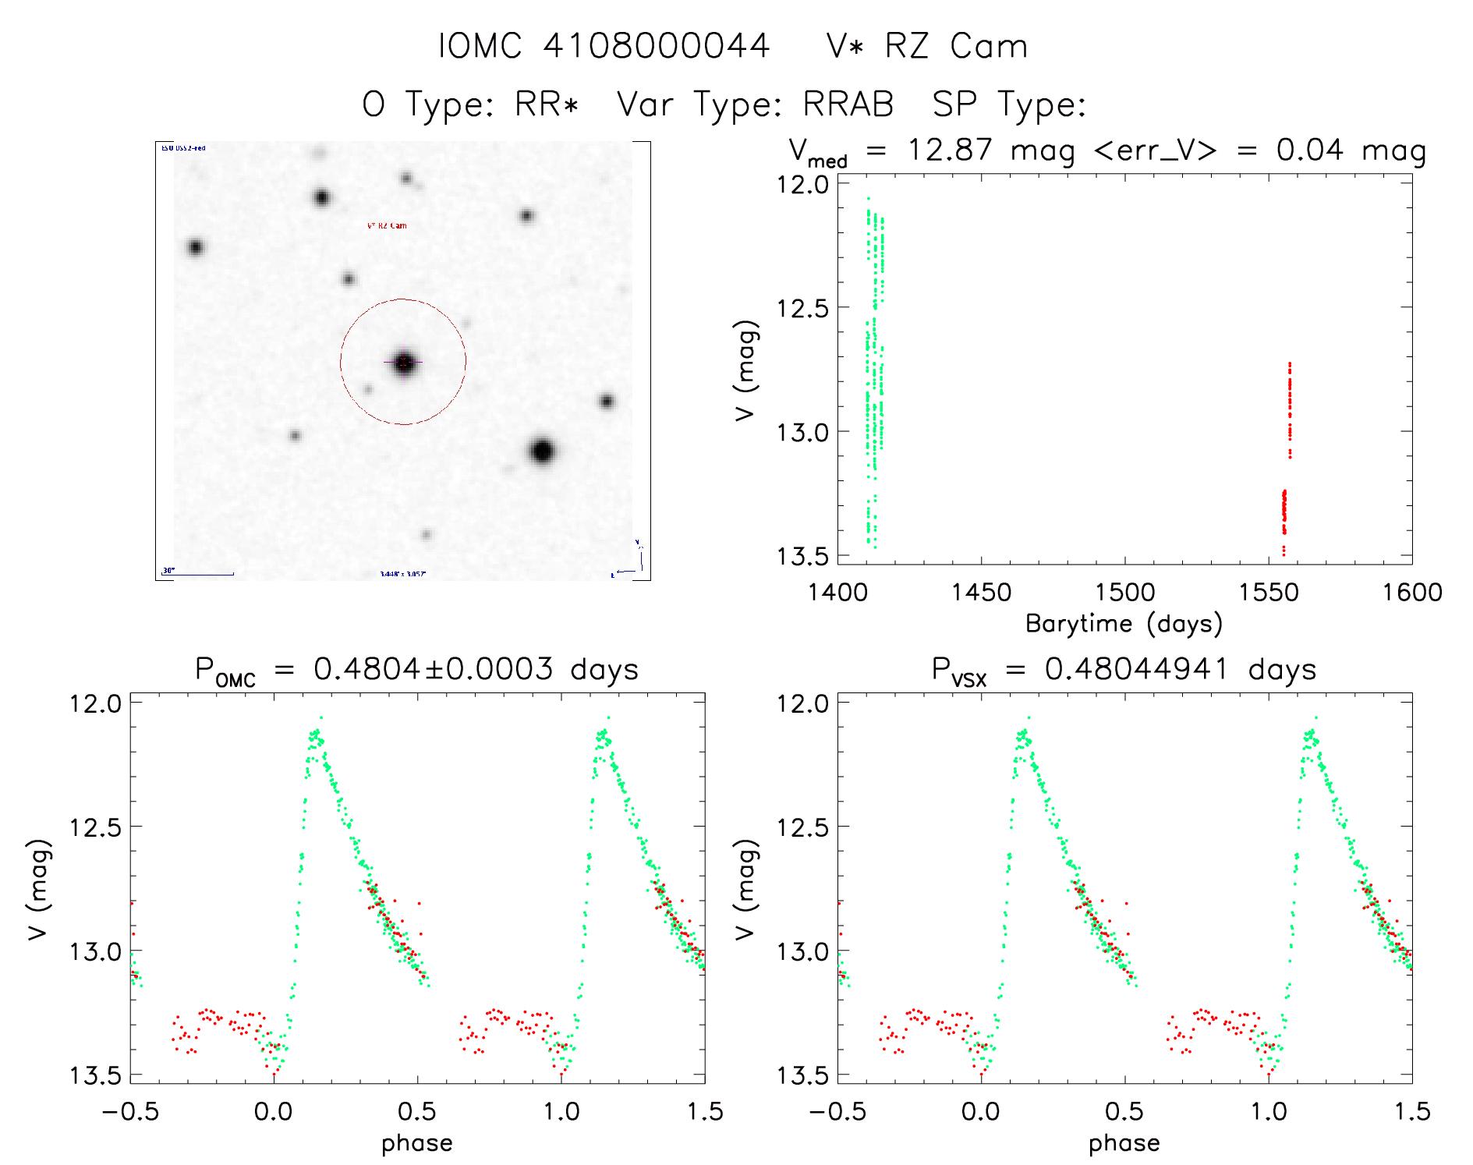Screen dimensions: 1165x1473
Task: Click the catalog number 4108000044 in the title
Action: click(x=657, y=46)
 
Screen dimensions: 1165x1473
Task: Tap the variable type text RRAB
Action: click(x=848, y=104)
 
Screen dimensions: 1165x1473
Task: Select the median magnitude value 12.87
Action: click(x=950, y=150)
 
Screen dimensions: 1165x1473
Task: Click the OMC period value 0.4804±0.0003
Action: click(x=434, y=669)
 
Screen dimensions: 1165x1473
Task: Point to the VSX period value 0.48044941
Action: click(x=1137, y=669)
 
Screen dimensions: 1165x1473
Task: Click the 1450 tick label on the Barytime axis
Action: click(x=981, y=593)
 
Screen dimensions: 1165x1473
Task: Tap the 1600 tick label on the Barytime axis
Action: click(x=1412, y=593)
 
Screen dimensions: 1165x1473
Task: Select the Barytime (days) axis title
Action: click(x=1124, y=624)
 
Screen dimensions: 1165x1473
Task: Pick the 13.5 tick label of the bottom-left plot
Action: click(x=95, y=1076)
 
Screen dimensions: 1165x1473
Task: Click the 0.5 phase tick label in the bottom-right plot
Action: click(x=1124, y=1112)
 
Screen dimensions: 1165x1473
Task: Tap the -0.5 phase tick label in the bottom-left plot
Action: click(x=130, y=1112)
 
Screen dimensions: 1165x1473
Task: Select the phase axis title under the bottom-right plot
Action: click(x=1124, y=1143)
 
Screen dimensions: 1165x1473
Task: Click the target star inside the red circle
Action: click(x=403, y=363)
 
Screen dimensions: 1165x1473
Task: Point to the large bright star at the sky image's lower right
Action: click(x=543, y=451)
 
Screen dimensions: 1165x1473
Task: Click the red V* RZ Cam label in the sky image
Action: click(x=387, y=226)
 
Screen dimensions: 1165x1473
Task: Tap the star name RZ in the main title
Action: click(x=907, y=46)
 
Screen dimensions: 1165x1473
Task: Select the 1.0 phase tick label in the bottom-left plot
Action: click(x=561, y=1112)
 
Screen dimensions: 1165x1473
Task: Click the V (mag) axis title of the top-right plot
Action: click(x=745, y=370)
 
